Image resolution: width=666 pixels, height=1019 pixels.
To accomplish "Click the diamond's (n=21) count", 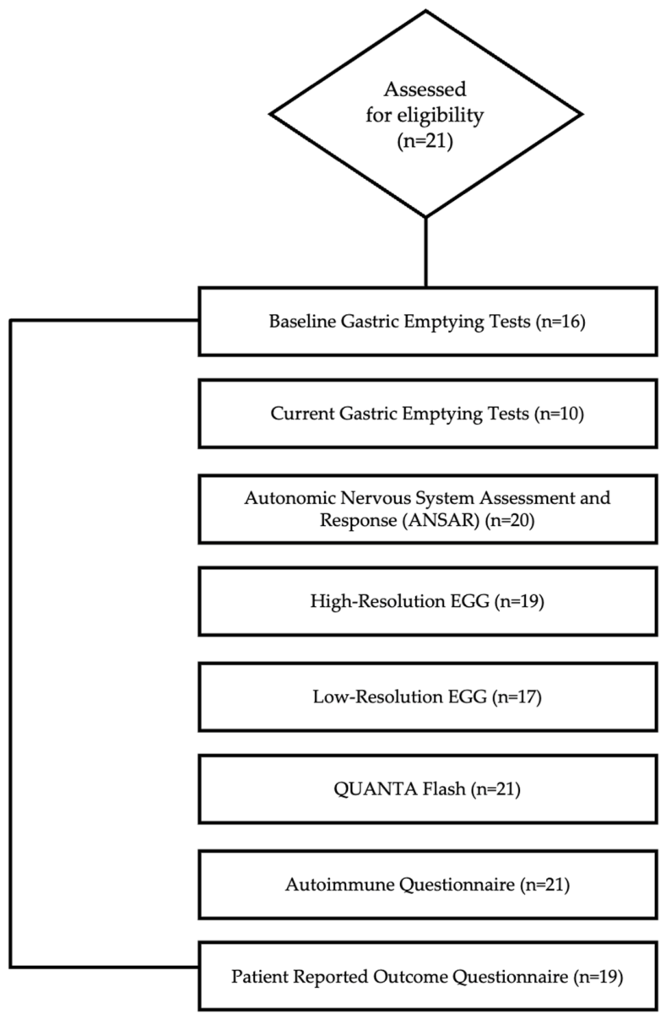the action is [425, 142].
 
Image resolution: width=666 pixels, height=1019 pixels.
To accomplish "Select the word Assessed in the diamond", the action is [425, 89].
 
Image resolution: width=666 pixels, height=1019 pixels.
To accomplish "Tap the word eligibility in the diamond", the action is [441, 116].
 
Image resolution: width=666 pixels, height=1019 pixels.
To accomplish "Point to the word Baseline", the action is [302, 321].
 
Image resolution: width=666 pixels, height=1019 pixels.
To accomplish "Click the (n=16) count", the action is [560, 322].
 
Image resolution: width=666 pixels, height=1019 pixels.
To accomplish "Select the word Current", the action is [302, 414].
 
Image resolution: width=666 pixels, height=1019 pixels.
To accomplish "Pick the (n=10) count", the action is [559, 414].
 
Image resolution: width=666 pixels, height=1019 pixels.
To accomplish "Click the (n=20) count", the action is [510, 520].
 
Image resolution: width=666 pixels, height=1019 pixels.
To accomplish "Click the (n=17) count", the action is [517, 697].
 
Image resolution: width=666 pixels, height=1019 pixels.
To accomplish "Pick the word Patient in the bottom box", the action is [260, 976].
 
